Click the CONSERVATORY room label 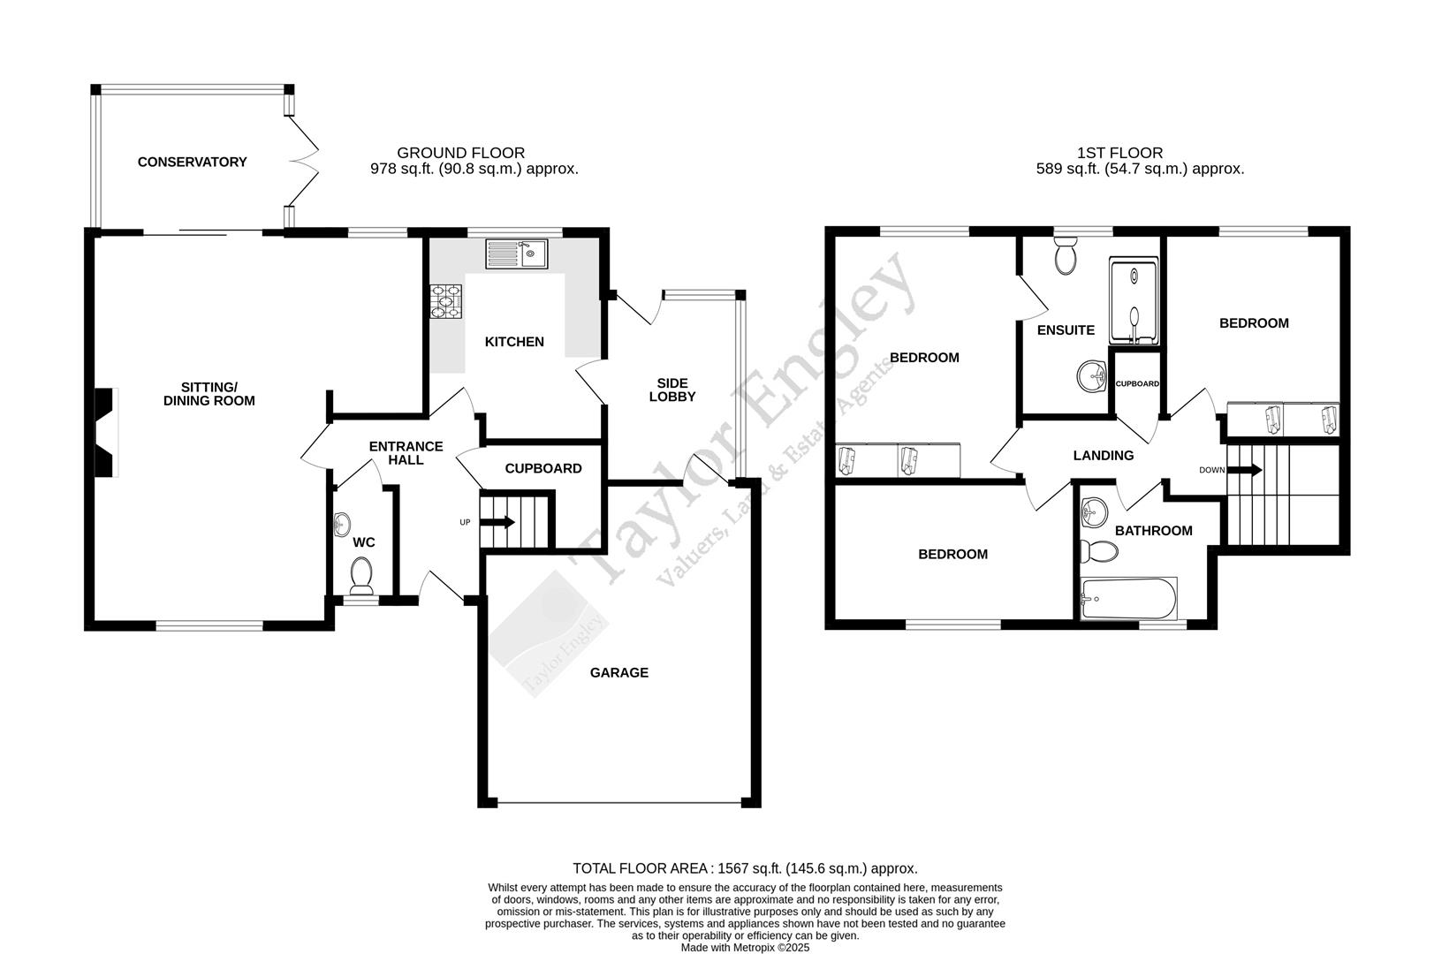(192, 162)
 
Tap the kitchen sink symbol (517, 254)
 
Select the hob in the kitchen (444, 301)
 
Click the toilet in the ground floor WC (361, 575)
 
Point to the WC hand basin (343, 526)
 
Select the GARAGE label (619, 672)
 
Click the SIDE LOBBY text (672, 390)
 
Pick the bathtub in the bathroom (1128, 599)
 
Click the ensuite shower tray (1134, 301)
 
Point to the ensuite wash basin (1093, 376)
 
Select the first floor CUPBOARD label (1137, 383)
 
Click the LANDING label (1104, 455)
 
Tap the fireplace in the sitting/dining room (106, 433)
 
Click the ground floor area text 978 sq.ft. (474, 169)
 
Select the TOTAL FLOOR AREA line (745, 868)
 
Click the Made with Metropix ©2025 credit (745, 947)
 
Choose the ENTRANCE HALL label (406, 453)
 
